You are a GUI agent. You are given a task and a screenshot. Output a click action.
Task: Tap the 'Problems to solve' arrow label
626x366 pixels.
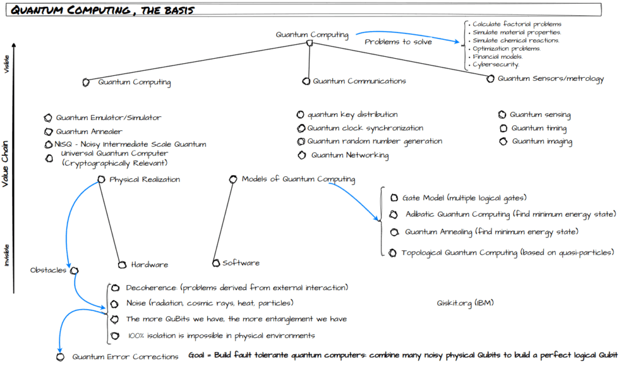coord(398,42)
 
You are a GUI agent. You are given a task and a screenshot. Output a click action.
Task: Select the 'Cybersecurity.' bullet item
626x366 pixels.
coord(496,64)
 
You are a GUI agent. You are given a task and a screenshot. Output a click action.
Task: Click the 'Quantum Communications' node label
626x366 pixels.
coord(359,81)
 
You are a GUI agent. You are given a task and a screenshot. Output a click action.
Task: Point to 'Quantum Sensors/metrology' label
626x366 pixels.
coord(550,78)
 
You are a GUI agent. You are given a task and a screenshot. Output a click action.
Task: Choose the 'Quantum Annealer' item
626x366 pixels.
coord(89,131)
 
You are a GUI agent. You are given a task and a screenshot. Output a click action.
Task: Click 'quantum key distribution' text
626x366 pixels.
coord(352,114)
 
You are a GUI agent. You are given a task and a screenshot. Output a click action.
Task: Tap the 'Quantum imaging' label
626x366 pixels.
coord(542,141)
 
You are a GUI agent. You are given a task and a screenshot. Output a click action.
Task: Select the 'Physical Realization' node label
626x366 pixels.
coord(144,179)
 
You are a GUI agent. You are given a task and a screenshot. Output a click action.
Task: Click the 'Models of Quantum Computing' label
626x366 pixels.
coord(298,179)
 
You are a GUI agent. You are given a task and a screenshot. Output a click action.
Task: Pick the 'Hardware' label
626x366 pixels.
coord(149,264)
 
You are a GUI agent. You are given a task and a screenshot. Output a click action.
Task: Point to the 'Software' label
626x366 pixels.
coord(240,263)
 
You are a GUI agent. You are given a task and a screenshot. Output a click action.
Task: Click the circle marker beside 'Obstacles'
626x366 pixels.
coord(74,271)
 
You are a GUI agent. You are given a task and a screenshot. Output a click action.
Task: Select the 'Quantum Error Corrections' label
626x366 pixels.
coord(125,356)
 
